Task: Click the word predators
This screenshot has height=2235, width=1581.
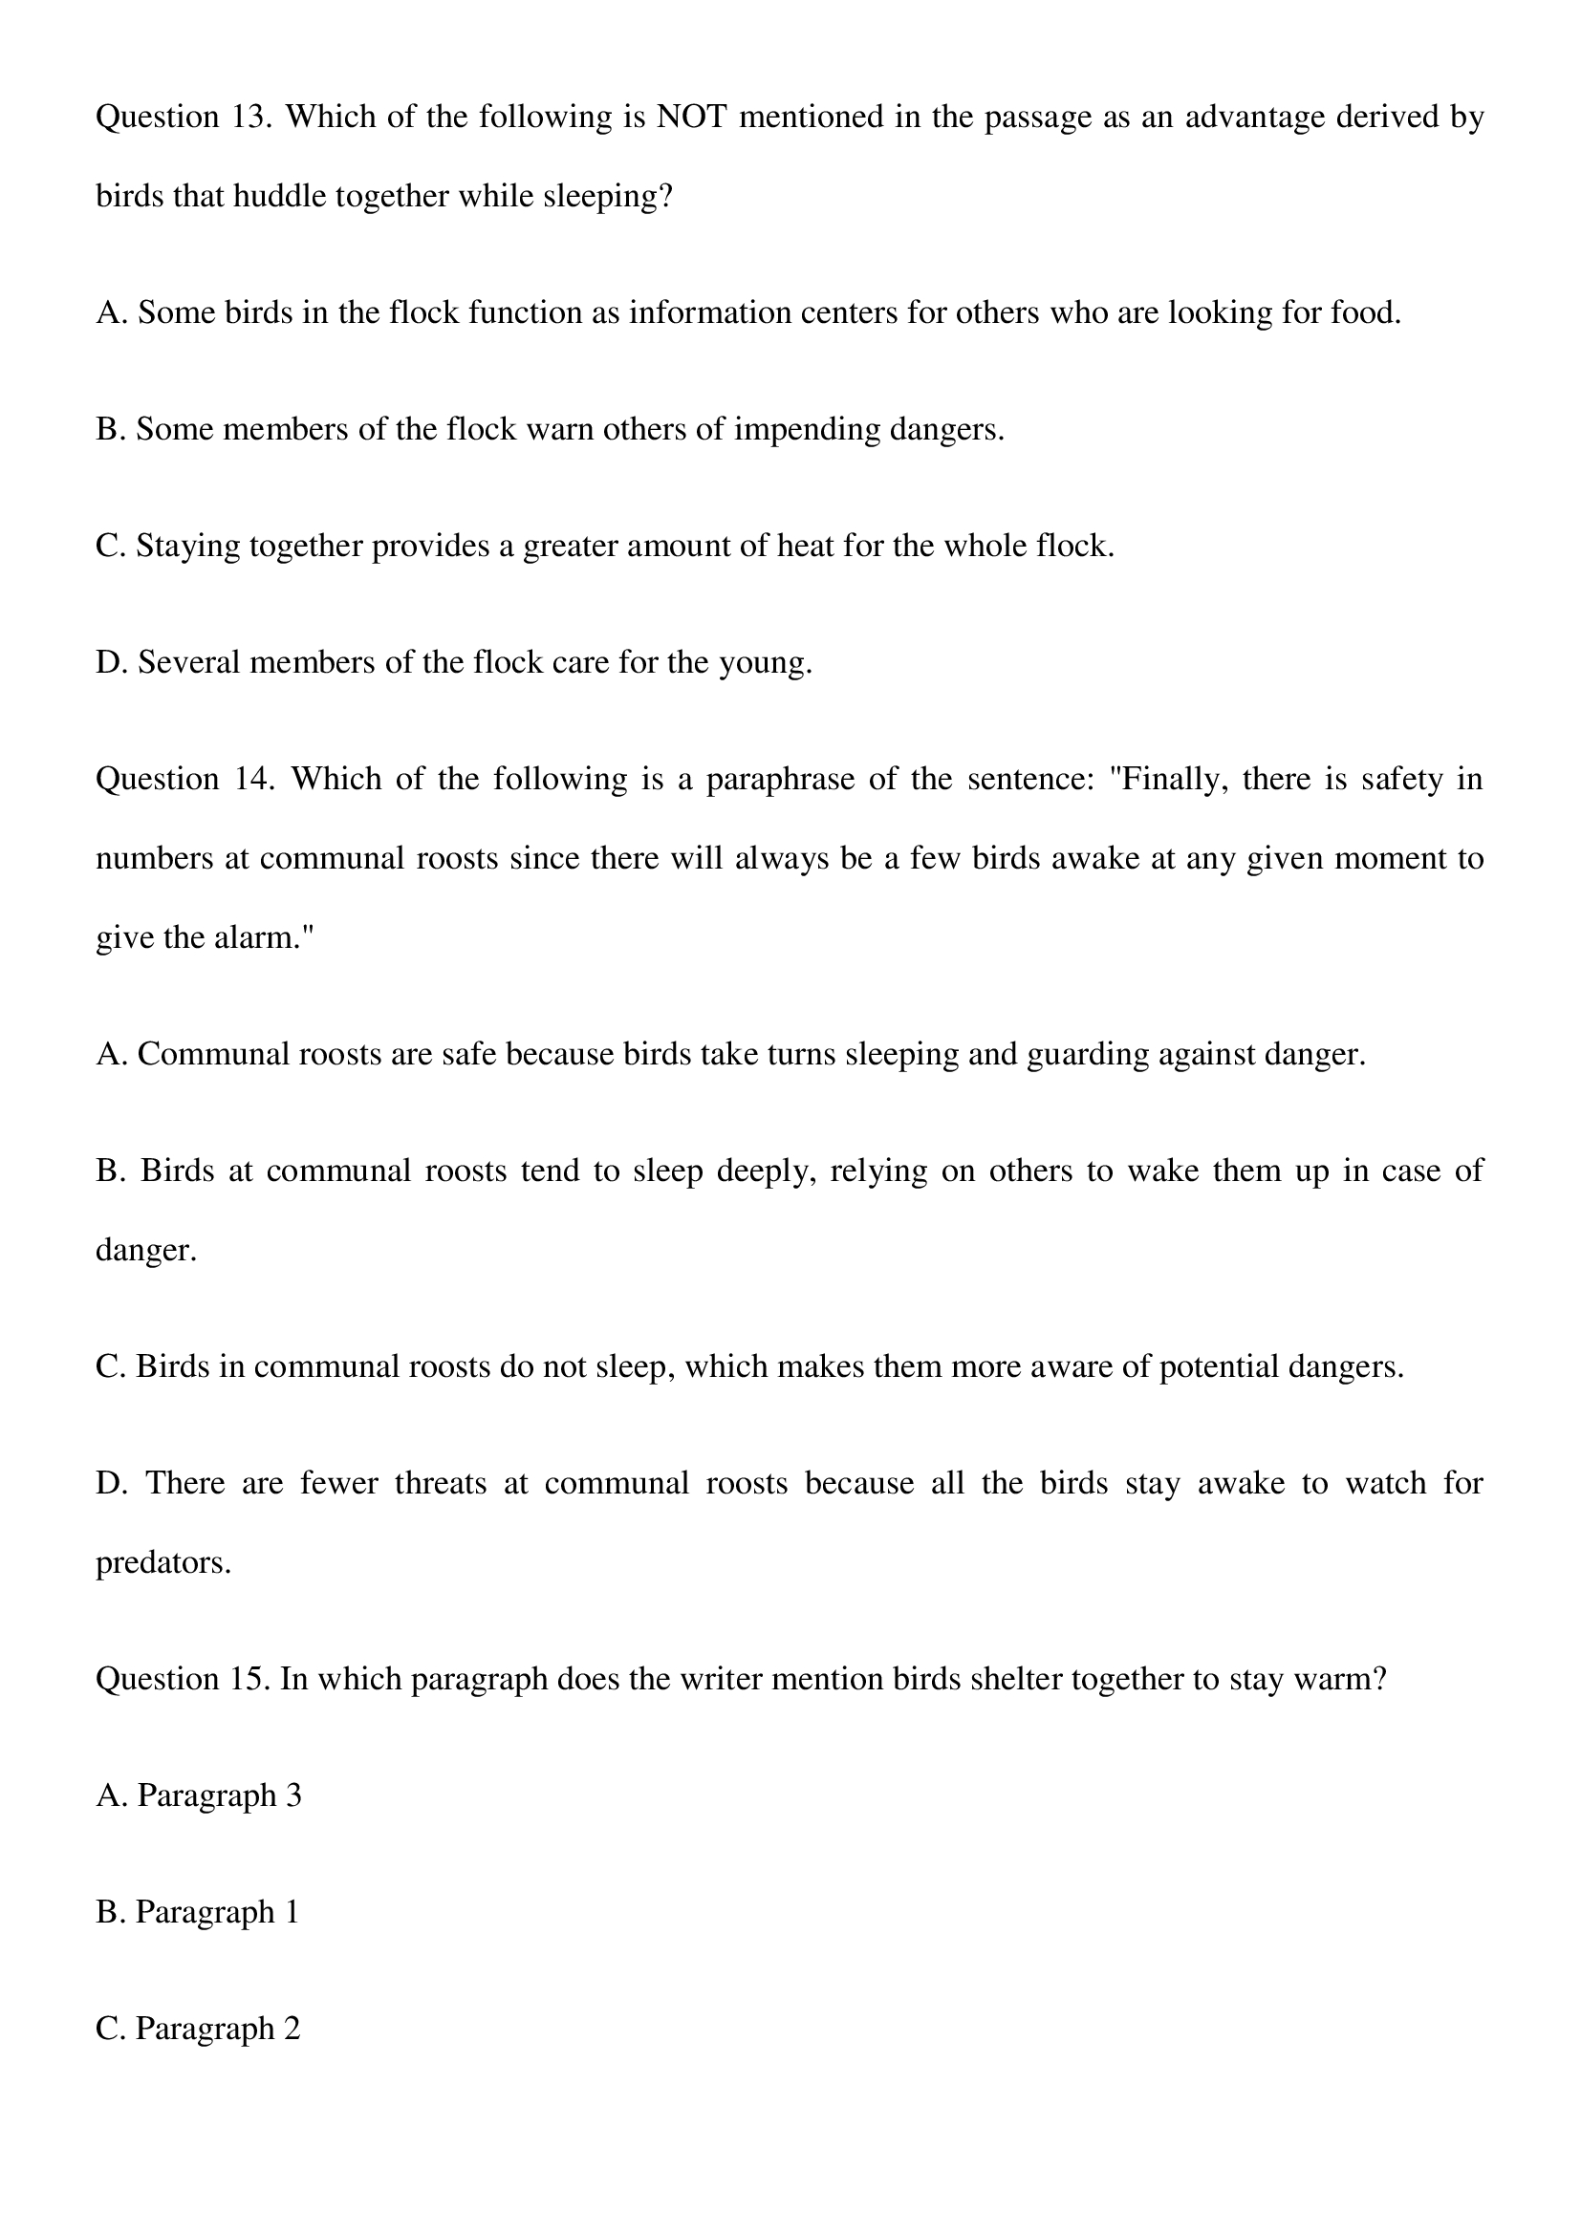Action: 162,1563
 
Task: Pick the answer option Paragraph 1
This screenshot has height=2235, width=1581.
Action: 198,1913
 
